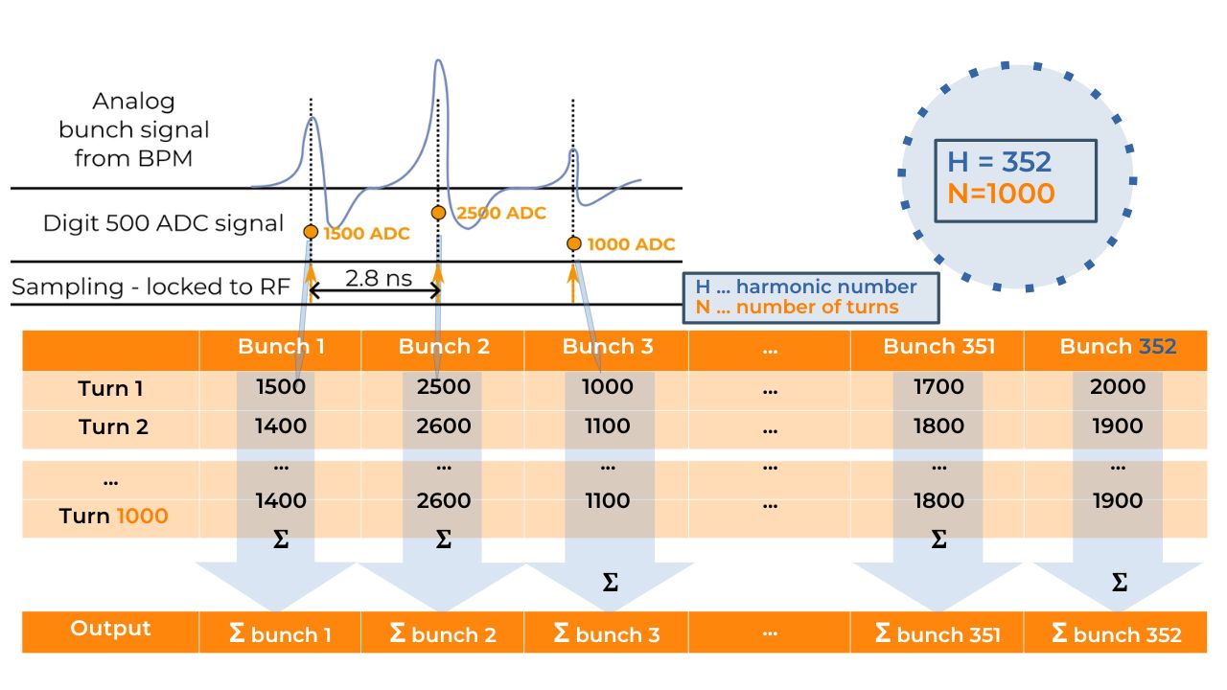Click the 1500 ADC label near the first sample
tap(366, 234)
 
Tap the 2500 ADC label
tap(501, 213)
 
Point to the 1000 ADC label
tap(631, 244)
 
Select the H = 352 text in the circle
tap(1000, 161)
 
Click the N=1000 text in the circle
tap(1000, 194)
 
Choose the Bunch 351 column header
tap(938, 347)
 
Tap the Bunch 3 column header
tap(608, 347)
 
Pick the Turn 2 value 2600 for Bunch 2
tap(444, 426)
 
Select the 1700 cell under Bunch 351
tap(938, 387)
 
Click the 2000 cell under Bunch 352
tap(1118, 387)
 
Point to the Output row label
tap(110, 629)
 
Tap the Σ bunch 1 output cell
tap(281, 633)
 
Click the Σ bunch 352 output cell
tap(1117, 633)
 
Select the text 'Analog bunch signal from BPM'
tap(134, 129)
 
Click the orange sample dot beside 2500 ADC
tap(438, 213)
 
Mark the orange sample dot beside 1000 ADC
tap(573, 243)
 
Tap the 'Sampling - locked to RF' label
tap(150, 287)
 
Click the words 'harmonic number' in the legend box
tap(826, 287)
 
